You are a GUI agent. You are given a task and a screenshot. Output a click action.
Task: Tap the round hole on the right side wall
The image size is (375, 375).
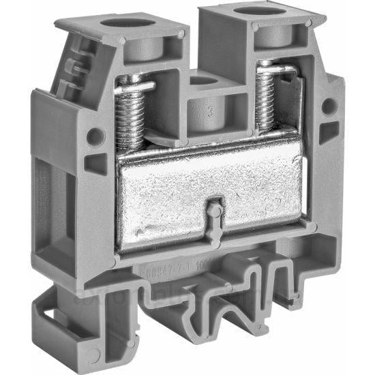[x=329, y=106]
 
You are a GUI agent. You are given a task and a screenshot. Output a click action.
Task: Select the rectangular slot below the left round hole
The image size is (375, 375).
[x=95, y=164]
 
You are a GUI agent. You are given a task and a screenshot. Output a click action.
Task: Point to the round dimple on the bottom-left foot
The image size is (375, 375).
[x=92, y=355]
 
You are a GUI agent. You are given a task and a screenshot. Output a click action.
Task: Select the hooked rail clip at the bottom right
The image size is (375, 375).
[x=286, y=300]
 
